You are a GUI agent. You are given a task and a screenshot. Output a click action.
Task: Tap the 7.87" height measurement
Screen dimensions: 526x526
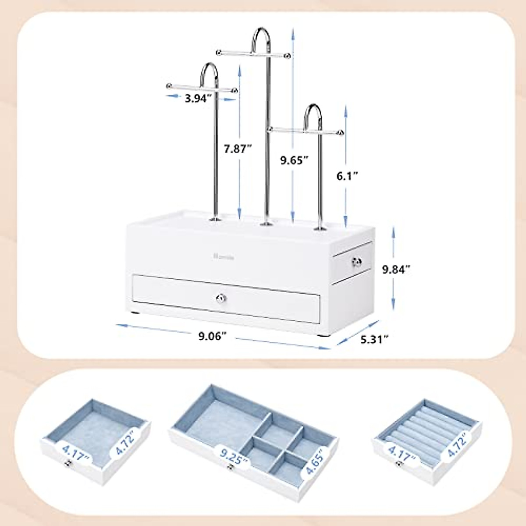[237, 149]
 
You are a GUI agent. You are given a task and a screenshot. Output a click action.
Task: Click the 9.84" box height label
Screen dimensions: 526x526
[396, 270]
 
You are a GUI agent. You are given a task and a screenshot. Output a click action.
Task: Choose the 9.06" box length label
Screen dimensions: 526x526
[213, 336]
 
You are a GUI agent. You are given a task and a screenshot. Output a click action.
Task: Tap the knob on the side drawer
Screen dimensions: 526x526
[355, 263]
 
